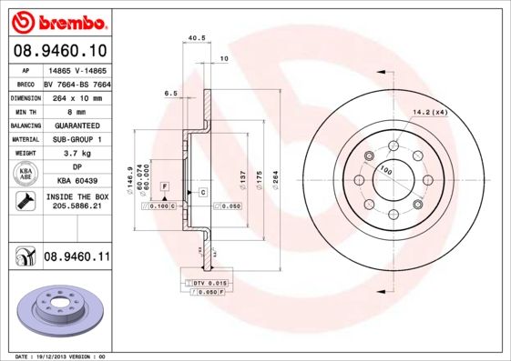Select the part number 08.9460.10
59,52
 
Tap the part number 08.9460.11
77,258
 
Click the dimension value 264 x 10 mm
76,96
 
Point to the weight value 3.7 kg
76,154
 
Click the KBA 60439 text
76,182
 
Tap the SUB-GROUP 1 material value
76,139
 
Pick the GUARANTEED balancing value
76,125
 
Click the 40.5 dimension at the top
193,38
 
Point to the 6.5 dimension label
170,94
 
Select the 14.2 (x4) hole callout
430,112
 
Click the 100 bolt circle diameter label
386,170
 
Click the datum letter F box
165,186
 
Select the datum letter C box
202,193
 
